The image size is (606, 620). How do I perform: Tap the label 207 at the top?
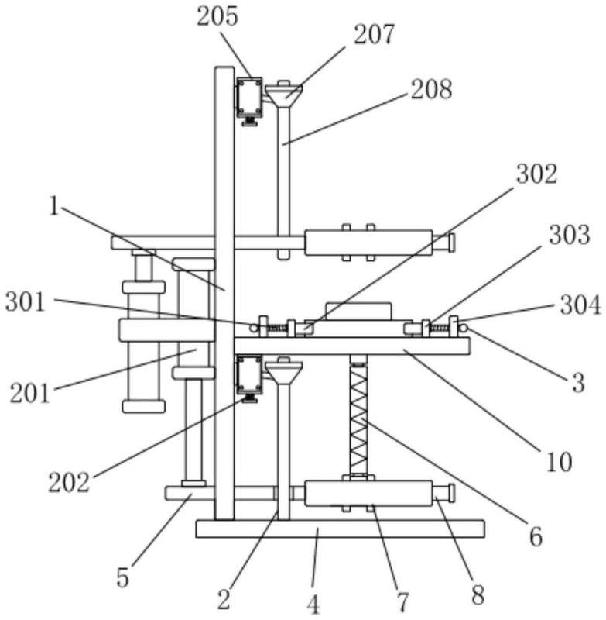pos(375,35)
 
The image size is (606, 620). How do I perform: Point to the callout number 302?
pos(536,174)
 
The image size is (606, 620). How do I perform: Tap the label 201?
pos(30,393)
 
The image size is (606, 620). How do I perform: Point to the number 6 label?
pos(535,536)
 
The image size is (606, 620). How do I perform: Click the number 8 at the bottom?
pos(478,594)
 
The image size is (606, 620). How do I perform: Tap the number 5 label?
pos(123,577)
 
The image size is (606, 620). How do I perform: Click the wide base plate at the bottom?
pos(340,529)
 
